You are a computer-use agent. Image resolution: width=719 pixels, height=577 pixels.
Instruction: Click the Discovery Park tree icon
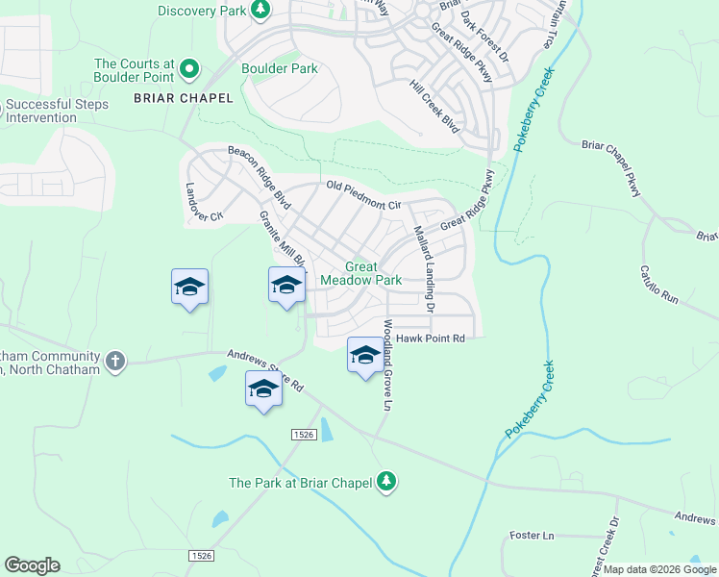[x=260, y=9]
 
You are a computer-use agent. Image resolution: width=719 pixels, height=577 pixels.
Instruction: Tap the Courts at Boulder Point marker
[x=189, y=68]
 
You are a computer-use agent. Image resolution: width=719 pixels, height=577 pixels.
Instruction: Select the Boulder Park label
[x=279, y=68]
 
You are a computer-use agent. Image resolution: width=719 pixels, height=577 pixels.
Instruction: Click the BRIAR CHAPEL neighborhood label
[x=183, y=98]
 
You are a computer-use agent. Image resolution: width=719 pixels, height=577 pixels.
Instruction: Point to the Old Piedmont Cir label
[x=363, y=195]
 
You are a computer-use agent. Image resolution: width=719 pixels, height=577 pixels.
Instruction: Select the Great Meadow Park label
[x=360, y=273]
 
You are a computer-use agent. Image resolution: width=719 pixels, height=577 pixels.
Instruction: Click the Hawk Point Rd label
[x=430, y=339]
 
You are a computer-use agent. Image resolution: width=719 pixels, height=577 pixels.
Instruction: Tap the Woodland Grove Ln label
[x=388, y=366]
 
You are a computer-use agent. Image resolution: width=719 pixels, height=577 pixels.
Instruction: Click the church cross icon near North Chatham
[x=114, y=360]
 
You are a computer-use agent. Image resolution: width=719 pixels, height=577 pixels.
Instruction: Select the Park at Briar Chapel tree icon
[x=386, y=480]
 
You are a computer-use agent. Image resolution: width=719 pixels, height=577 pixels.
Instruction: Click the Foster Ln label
[x=533, y=535]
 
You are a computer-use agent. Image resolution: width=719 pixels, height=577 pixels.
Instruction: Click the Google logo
[x=32, y=565]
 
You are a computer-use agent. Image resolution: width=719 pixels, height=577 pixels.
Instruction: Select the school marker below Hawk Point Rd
[x=364, y=355]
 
